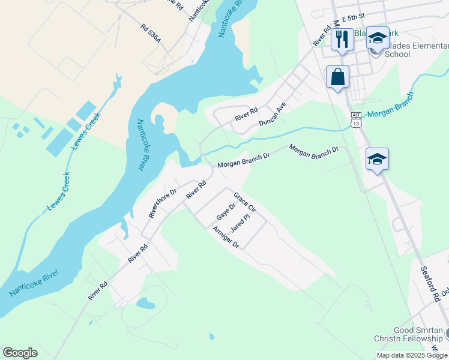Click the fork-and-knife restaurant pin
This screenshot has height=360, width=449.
click(x=342, y=40)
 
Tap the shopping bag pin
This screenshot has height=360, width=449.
click(x=337, y=78)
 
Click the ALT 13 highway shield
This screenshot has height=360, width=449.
click(x=357, y=119)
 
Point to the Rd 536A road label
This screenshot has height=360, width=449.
click(x=151, y=34)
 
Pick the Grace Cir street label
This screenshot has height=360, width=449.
click(x=245, y=202)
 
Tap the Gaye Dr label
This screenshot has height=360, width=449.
click(x=226, y=212)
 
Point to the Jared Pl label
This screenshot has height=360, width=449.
click(x=240, y=223)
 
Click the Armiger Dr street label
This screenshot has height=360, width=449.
click(x=226, y=237)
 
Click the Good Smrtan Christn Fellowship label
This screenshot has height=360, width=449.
click(x=418, y=335)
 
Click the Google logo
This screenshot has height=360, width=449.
click(x=20, y=353)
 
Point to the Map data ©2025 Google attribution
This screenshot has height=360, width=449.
click(x=411, y=355)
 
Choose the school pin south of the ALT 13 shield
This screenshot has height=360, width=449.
click(x=377, y=160)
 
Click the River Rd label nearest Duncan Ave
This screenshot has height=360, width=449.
click(x=246, y=114)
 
